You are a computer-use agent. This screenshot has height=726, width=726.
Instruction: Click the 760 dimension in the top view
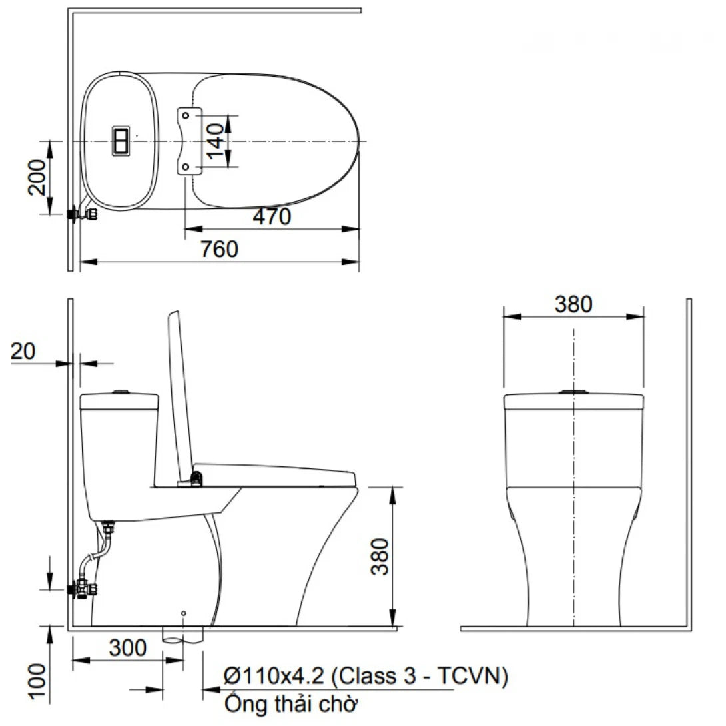click(x=219, y=250)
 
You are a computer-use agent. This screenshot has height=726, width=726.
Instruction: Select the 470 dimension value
click(x=272, y=217)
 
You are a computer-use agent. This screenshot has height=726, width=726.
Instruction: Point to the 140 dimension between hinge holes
click(x=215, y=141)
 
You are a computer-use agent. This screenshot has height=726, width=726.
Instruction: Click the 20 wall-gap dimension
click(x=24, y=351)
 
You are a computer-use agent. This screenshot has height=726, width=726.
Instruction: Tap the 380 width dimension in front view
click(x=573, y=304)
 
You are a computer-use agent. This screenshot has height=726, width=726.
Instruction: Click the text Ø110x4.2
click(x=274, y=677)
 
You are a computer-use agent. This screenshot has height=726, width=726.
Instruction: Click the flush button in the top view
click(x=122, y=141)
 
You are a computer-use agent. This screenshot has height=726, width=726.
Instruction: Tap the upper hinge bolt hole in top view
click(x=186, y=116)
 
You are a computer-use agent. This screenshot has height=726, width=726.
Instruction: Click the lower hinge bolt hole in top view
click(x=186, y=166)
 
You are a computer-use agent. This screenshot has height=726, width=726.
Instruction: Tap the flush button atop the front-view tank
click(x=573, y=391)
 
